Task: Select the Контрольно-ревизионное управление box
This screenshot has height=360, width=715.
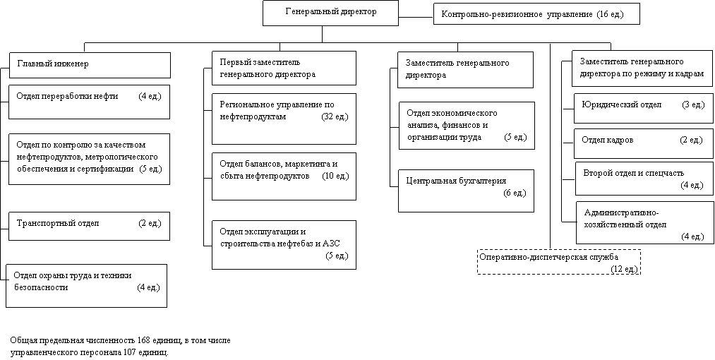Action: click(x=536, y=14)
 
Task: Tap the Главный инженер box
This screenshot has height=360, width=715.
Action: click(x=90, y=65)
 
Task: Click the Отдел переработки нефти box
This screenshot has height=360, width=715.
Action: click(x=90, y=102)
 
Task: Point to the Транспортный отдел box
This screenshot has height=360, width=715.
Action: click(x=90, y=226)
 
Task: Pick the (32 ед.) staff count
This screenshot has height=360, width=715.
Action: click(x=335, y=116)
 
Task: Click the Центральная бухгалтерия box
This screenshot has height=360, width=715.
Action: click(x=466, y=191)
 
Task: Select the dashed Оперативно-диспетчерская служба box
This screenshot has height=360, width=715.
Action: click(x=559, y=262)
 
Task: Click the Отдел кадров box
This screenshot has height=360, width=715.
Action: click(x=644, y=144)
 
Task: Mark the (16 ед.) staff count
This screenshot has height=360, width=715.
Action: click(x=610, y=15)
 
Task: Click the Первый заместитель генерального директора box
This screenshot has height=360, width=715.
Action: click(x=284, y=68)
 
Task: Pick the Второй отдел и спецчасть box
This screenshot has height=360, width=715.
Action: click(x=644, y=179)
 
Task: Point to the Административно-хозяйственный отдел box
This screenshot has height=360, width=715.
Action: click(x=645, y=222)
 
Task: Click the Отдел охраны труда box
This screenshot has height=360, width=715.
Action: click(x=87, y=286)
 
